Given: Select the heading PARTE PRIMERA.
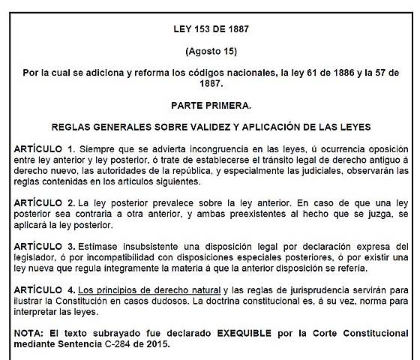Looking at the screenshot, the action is point(210,107).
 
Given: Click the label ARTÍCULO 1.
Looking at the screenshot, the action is point(44,150).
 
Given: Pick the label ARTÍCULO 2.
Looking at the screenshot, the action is point(44,203).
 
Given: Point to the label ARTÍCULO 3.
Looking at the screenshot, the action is point(44,246).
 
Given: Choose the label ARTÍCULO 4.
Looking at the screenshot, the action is point(44,289).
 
